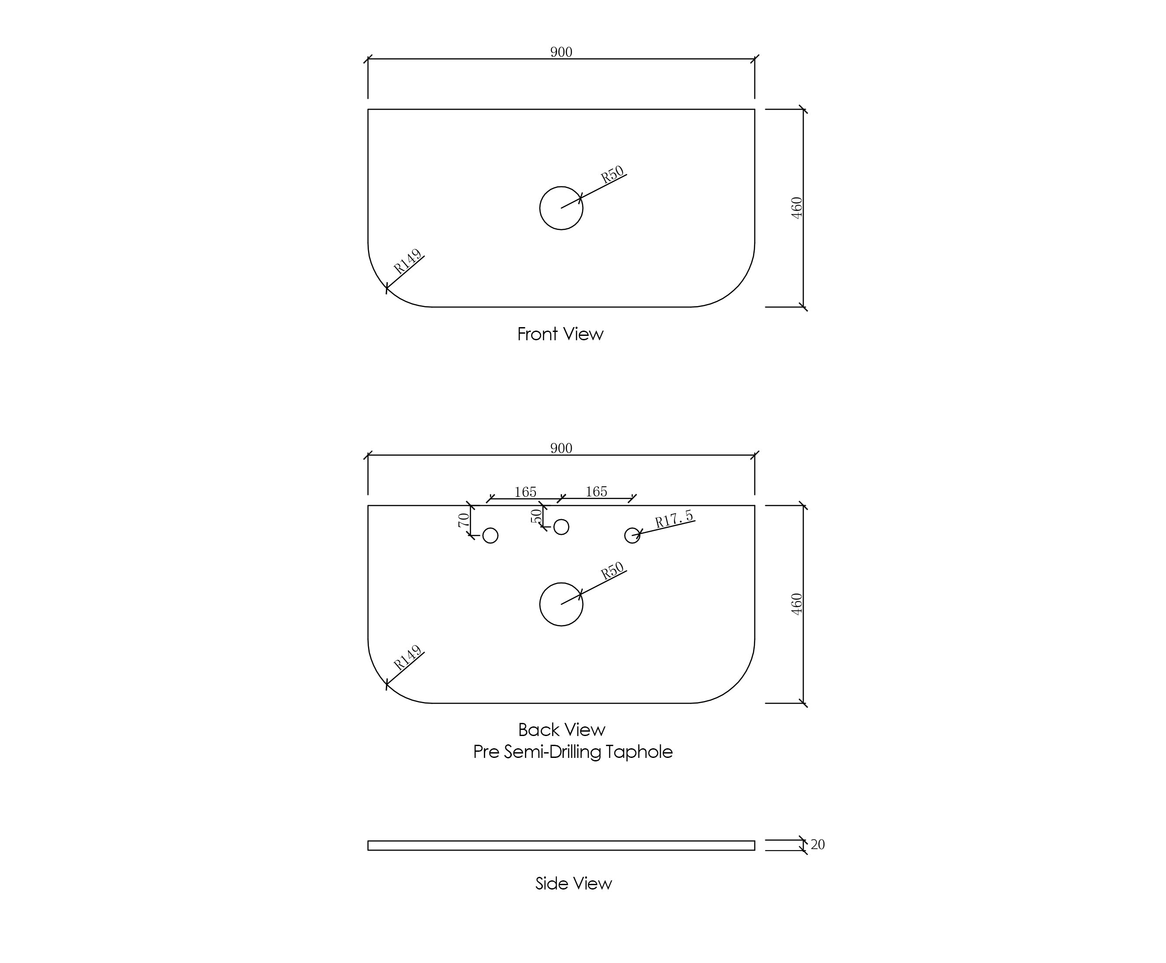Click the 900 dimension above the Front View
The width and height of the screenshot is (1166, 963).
pos(561,52)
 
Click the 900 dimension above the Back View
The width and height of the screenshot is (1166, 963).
pos(561,448)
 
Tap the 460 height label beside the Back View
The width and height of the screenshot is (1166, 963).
pos(796,604)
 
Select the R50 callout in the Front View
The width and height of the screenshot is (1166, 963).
pos(612,175)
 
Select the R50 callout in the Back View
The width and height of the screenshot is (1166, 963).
pos(612,571)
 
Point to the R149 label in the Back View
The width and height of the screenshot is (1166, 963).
pos(407,657)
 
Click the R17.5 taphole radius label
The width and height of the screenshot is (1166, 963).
pos(673,519)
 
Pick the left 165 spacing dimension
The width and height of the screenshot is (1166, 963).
pos(525,492)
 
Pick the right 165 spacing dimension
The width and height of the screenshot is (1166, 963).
pos(596,492)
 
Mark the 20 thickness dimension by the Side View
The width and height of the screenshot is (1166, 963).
pos(817,844)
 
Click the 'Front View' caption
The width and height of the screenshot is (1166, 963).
pos(560,334)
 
